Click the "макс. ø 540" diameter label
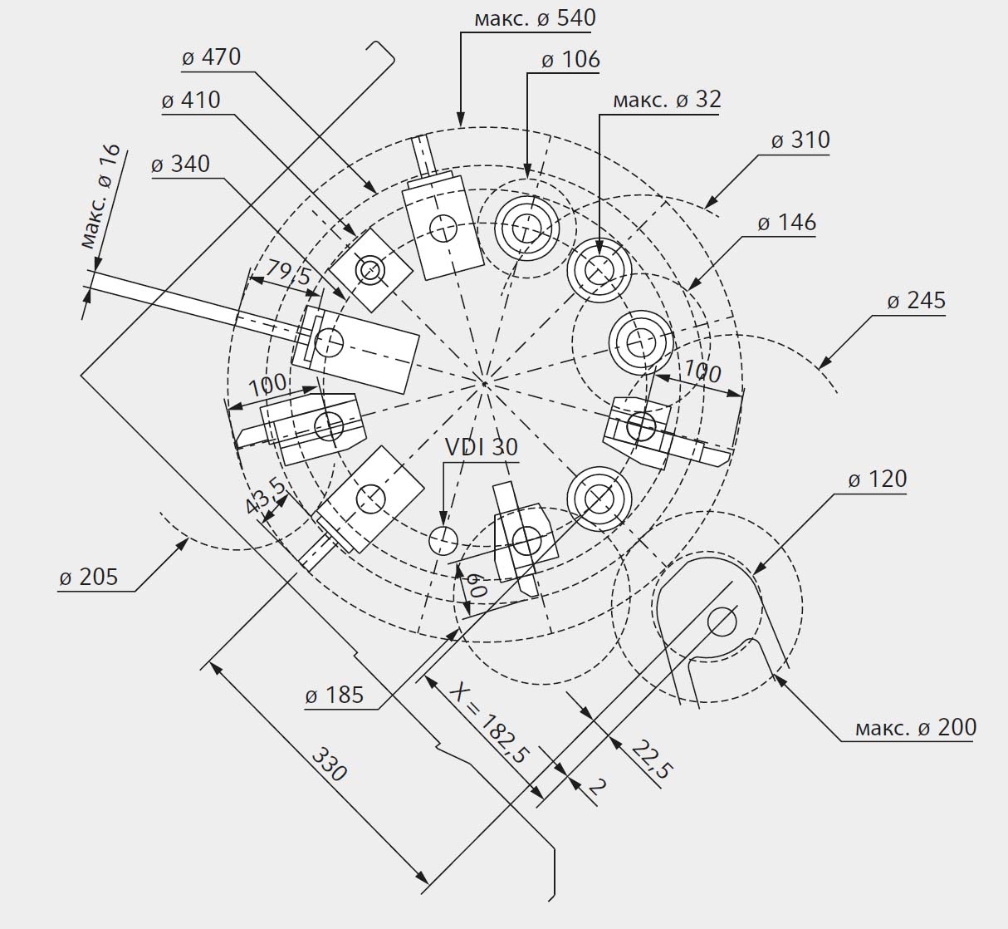(536, 18)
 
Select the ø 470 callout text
(212, 57)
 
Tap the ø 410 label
(191, 100)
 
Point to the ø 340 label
(180, 164)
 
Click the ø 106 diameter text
(570, 60)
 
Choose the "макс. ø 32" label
(668, 100)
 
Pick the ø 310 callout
(800, 140)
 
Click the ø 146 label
(787, 223)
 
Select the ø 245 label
(917, 301)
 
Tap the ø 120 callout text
(878, 479)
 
